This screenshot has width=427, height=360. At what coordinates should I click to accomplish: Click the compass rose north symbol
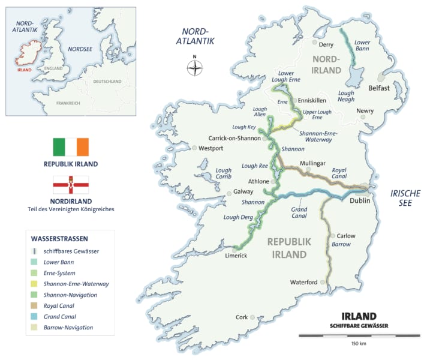click(x=194, y=67)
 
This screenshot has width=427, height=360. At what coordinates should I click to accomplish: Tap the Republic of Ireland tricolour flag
click(x=70, y=146)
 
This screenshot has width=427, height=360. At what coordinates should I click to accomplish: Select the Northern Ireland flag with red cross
click(x=70, y=185)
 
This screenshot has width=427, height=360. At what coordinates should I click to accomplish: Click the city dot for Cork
click(x=253, y=316)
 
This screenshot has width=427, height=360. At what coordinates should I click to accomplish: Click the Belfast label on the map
click(x=379, y=88)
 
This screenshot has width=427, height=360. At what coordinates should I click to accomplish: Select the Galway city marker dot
click(x=228, y=193)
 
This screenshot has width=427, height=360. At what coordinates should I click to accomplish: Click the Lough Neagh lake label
click(x=346, y=96)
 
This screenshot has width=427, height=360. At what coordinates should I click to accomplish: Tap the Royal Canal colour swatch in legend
click(x=36, y=305)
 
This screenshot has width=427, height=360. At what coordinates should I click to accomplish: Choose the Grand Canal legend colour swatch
click(x=36, y=316)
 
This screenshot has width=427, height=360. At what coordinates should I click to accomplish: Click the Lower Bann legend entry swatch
click(x=36, y=262)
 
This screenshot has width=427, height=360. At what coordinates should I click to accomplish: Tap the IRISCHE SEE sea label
click(x=405, y=197)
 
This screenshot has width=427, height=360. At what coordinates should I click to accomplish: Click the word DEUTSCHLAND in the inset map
click(x=107, y=81)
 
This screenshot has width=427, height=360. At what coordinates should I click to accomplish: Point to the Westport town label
click(x=211, y=148)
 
